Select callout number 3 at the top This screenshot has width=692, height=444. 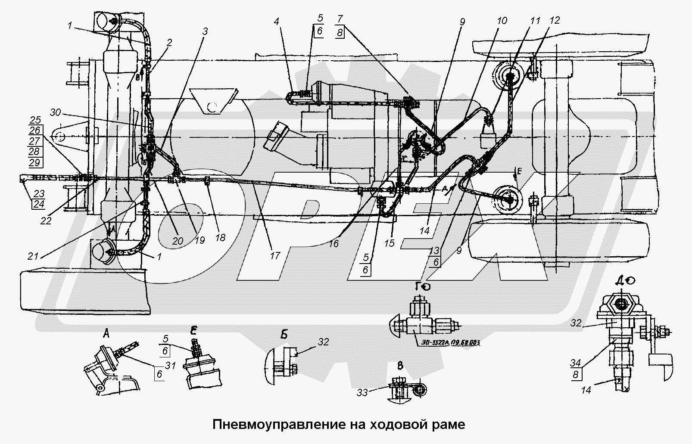[205, 31]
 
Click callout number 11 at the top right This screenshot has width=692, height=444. [535, 20]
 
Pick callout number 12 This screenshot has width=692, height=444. [555, 20]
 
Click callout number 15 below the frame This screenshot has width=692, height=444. [389, 243]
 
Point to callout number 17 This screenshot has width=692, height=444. [274, 256]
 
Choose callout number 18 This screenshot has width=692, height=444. [220, 237]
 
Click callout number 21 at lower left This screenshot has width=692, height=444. [34, 257]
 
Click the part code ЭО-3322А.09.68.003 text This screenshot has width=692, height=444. [449, 343]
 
